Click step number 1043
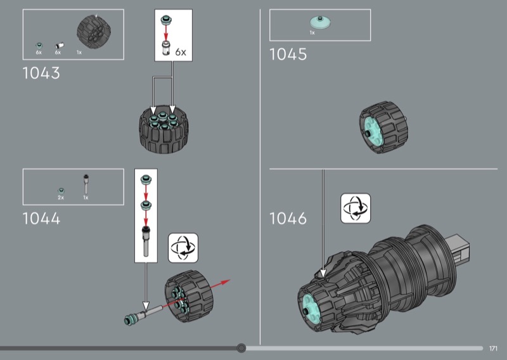tap(41, 73)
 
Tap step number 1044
tap(41, 218)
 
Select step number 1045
tap(288, 55)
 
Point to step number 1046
tap(288, 218)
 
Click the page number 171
tap(493, 349)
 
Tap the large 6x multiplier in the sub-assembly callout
tap(181, 52)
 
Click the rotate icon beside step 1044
tap(183, 248)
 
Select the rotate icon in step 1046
tap(356, 209)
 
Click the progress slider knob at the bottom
tap(241, 348)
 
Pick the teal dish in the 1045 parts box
tap(320, 22)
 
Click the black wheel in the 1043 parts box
tap(94, 32)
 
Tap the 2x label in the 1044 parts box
tap(61, 198)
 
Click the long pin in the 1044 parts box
tap(86, 184)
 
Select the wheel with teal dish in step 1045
tap(383, 127)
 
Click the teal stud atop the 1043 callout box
tap(166, 20)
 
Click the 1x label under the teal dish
tap(312, 33)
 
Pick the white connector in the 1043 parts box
tap(59, 45)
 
